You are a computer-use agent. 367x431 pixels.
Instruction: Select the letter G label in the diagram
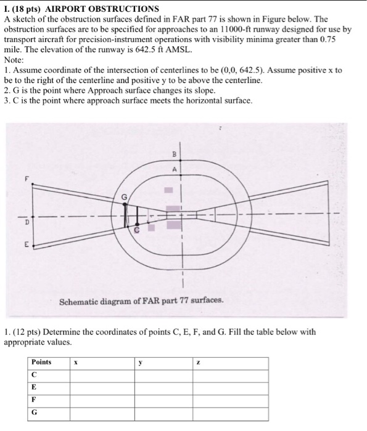(123, 195)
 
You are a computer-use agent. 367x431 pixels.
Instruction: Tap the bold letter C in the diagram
(138, 229)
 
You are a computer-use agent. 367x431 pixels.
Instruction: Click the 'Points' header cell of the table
(41, 362)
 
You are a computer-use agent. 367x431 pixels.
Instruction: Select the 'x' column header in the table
(75, 363)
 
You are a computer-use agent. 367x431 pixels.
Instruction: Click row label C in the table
(33, 375)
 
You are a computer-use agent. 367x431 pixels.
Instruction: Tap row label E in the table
(33, 388)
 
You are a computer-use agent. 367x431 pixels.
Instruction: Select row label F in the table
(33, 400)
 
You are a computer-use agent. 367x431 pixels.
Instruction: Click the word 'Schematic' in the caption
(79, 302)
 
